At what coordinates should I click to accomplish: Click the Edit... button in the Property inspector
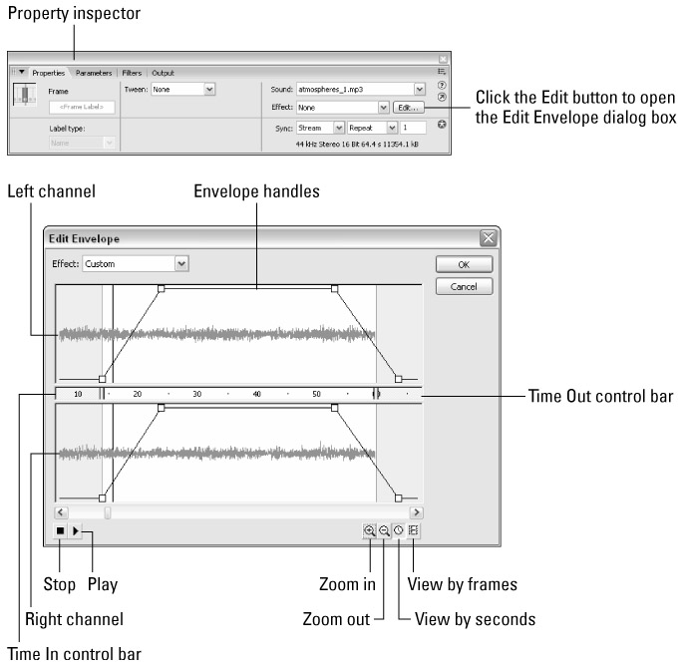click(408, 107)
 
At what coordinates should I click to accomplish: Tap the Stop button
click(61, 531)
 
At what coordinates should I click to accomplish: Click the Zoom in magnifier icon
click(370, 531)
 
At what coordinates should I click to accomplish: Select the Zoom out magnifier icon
click(384, 531)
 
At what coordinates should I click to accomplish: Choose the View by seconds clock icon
click(398, 531)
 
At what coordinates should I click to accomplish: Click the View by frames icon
click(413, 531)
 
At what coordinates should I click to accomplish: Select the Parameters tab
click(94, 73)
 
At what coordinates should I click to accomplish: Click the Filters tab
click(132, 73)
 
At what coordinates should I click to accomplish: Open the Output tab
click(163, 73)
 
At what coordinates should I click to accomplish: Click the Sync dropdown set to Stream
click(320, 128)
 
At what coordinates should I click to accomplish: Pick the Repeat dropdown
click(371, 128)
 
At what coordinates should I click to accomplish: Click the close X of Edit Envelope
click(487, 239)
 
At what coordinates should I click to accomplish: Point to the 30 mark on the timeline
click(196, 395)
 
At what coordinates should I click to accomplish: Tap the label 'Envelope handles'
click(256, 191)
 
